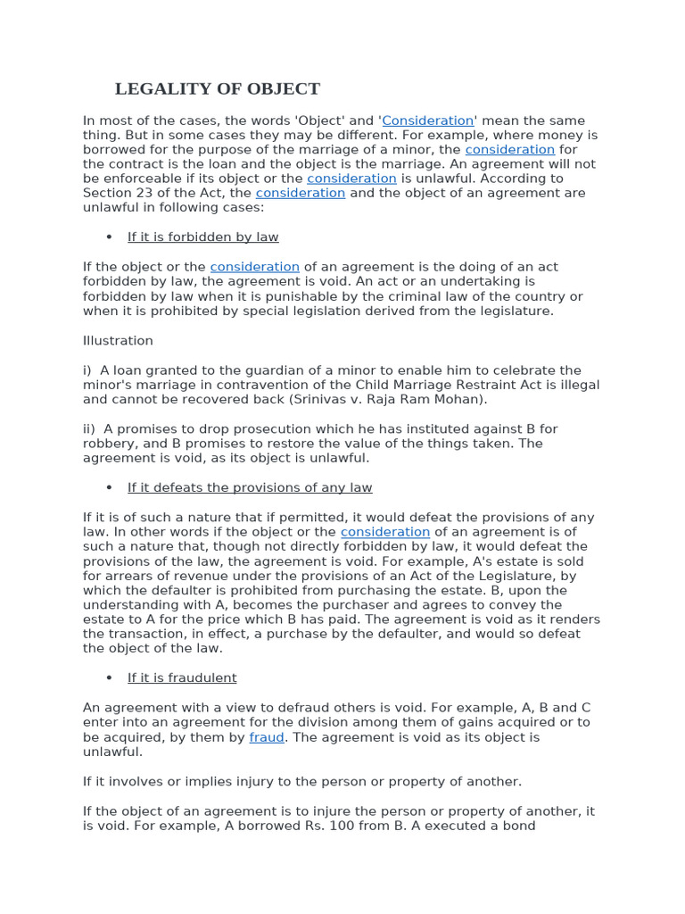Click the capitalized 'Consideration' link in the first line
tap(428, 120)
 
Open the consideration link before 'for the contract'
tap(509, 150)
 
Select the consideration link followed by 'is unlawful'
tap(351, 179)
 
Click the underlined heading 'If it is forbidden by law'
tap(202, 237)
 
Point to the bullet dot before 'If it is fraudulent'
tap(109, 678)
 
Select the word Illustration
tap(118, 341)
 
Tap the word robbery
tap(109, 444)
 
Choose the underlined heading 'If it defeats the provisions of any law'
tap(249, 487)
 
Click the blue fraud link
tap(267, 737)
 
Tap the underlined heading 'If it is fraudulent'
tap(182, 678)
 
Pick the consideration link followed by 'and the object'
tap(301, 193)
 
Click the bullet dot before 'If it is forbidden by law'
tap(109, 237)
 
